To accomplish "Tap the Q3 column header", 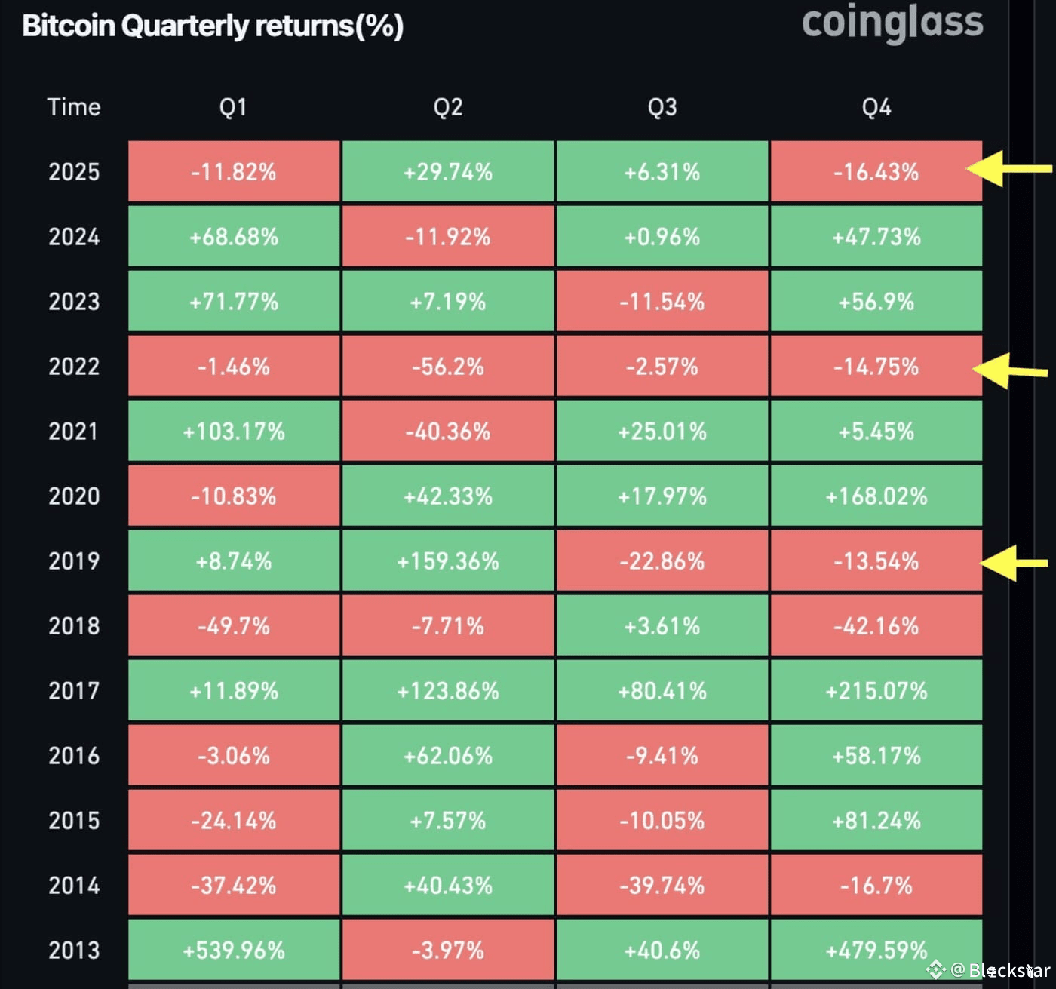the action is pos(662,107).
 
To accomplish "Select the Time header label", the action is pos(74,107).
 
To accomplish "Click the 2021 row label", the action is pos(74,431).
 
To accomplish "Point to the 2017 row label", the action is pos(74,690).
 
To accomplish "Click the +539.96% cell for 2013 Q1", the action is pos(234,950).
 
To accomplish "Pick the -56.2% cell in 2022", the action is pos(448,366).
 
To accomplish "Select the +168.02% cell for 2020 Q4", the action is pos(876,496).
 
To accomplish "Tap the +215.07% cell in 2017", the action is pos(876,690).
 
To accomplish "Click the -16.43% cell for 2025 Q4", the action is pos(876,171).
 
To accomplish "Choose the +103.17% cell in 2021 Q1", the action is pos(234,431).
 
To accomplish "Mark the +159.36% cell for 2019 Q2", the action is pos(448,561).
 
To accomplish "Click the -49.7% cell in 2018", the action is pos(234,625).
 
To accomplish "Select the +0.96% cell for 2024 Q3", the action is pos(662,236).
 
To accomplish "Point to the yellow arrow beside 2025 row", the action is pos(1009,169).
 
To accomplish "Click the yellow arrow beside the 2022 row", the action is pos(1010,371).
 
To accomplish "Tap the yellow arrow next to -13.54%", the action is pos(1014,563).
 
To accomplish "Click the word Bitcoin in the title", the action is pos(69,26).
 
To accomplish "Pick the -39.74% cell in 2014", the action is pos(662,885).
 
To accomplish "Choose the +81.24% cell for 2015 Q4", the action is pos(876,820).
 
